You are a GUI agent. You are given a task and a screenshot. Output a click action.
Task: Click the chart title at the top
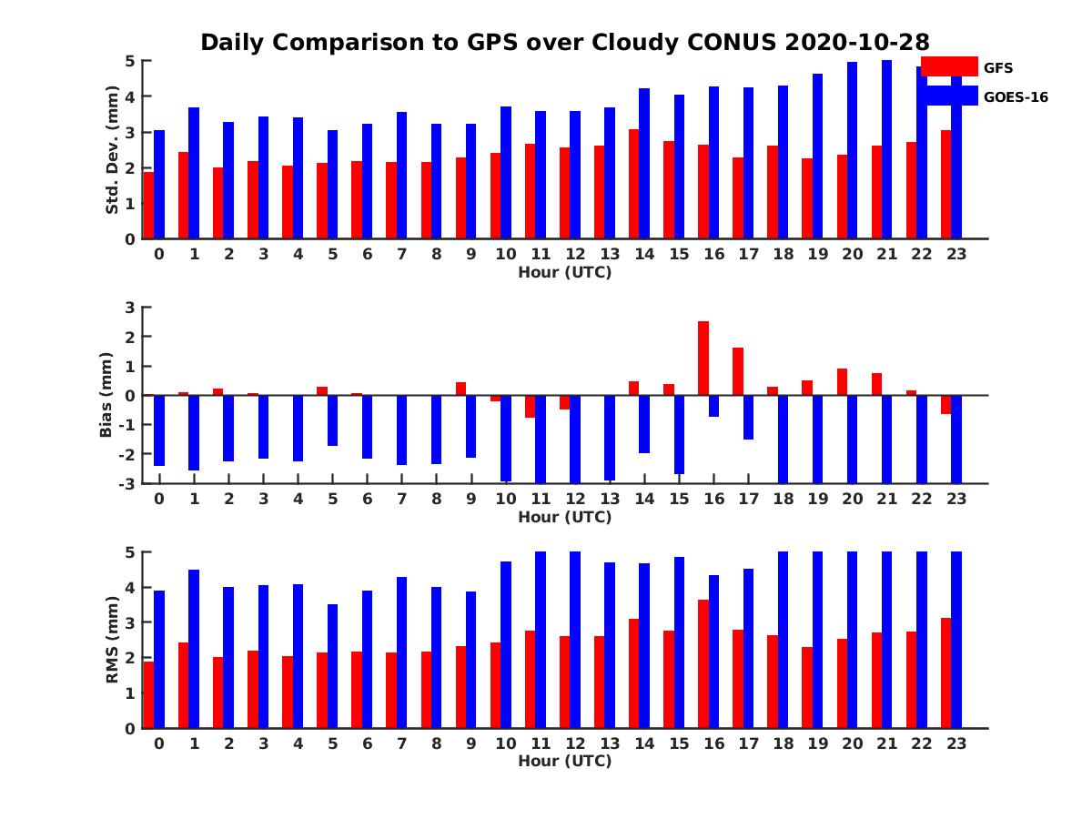[x=564, y=43]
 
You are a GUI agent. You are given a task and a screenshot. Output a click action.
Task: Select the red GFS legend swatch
[x=949, y=66]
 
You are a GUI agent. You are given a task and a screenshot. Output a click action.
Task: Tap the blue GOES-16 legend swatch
[x=949, y=96]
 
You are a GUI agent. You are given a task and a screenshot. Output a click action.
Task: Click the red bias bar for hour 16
[x=703, y=358]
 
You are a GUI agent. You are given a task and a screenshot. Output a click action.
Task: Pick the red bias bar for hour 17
[x=738, y=371]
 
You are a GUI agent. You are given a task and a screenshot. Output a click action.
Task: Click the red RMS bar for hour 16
[x=703, y=663]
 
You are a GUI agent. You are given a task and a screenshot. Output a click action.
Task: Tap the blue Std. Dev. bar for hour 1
[x=194, y=173]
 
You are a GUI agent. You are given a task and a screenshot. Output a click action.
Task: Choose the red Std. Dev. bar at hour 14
[x=633, y=184]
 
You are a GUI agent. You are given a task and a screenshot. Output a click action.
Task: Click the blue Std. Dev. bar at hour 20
[x=852, y=150]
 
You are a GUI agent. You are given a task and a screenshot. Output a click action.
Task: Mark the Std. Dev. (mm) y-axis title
[x=113, y=150]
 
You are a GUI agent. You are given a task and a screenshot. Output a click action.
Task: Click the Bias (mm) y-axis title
[x=106, y=395]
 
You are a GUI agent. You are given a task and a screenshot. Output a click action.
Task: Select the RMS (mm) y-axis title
[x=113, y=639]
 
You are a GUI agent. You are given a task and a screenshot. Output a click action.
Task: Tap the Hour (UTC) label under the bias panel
[x=564, y=518]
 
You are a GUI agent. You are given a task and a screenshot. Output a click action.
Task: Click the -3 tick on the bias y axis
[x=128, y=483]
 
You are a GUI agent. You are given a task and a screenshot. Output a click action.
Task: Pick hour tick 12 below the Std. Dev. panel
[x=575, y=254]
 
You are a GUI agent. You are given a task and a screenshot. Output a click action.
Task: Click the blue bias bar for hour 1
[x=194, y=432]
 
